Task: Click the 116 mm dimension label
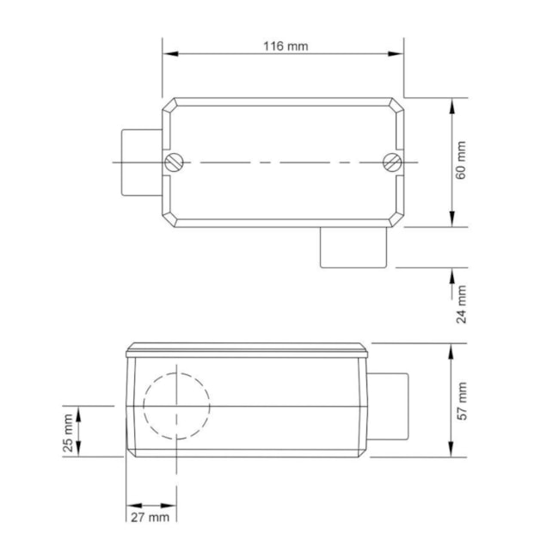point(285,46)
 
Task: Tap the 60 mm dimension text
point(462,161)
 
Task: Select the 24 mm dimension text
point(462,304)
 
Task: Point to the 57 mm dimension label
point(462,400)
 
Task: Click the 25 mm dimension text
point(69,431)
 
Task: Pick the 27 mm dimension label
point(149,517)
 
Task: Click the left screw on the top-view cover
point(175,162)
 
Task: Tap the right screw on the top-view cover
point(392,162)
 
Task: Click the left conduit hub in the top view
point(140,162)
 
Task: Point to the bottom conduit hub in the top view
point(353,247)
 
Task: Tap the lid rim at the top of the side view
point(248,350)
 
